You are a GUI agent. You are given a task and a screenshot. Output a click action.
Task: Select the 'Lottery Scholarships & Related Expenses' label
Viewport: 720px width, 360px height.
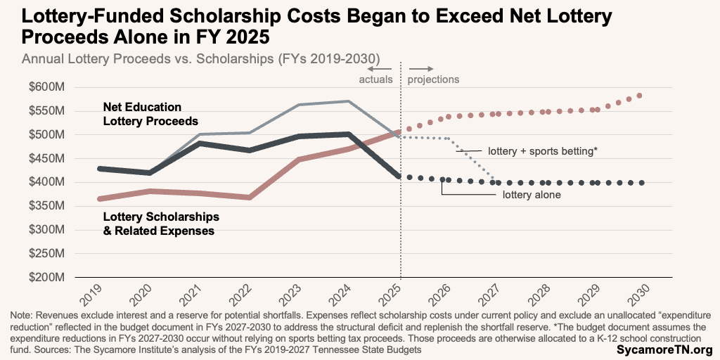pos(161,223)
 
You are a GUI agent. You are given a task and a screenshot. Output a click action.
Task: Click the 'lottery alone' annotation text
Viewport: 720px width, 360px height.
pos(532,195)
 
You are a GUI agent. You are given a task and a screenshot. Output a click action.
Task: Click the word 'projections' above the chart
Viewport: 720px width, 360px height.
pos(433,79)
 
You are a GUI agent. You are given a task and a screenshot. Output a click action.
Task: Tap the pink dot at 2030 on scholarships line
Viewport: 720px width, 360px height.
pos(639,96)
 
